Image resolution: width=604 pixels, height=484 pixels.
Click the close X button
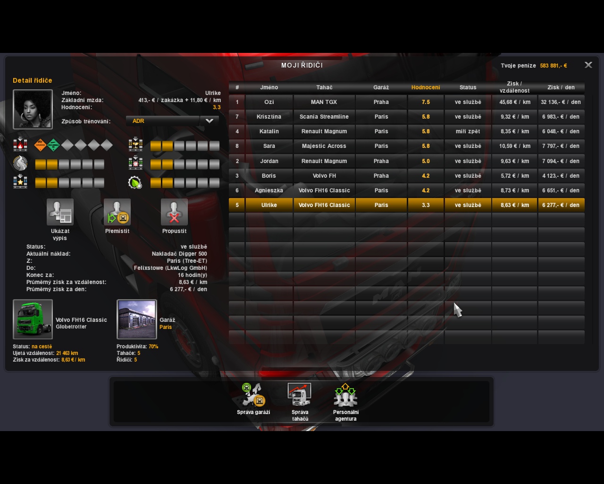point(588,65)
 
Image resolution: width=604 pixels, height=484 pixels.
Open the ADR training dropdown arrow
point(210,121)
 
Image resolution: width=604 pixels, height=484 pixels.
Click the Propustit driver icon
point(174,212)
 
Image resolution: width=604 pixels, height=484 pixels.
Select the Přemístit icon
point(117,212)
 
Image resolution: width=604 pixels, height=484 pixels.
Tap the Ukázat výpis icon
point(60,212)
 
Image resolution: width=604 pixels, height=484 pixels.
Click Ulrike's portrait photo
point(33,109)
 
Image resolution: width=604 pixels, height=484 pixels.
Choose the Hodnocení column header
point(426,87)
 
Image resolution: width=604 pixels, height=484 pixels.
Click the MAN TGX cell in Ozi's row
point(324,102)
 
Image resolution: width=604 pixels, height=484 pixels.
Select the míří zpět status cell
point(468,131)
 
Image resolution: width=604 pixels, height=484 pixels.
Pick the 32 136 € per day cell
point(561,102)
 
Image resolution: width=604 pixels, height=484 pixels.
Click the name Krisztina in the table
point(269,117)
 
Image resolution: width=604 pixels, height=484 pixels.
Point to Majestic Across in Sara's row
point(324,146)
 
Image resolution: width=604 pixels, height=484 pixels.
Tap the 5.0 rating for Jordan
point(426,161)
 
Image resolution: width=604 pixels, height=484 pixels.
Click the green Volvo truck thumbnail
point(33,319)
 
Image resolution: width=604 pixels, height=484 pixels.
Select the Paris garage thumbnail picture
point(137,319)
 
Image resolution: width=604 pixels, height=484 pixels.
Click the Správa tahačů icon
point(300,395)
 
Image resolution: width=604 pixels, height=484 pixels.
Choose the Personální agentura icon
point(345,395)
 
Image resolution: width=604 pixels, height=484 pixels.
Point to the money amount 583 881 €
point(553,66)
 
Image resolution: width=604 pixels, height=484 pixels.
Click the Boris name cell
point(269,176)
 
